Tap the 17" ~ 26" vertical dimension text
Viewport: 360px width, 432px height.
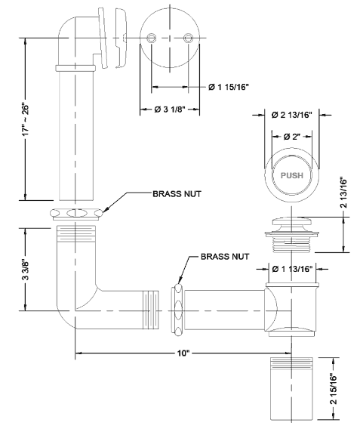click(26, 120)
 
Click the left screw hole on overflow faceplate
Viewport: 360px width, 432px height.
click(152, 36)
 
